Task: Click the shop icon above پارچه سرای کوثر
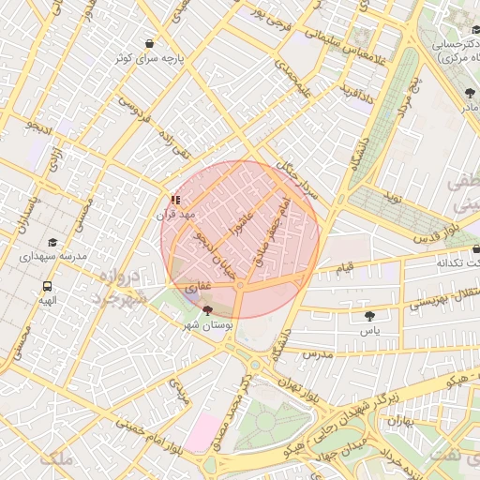[x=149, y=43]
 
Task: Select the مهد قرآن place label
[x=175, y=215]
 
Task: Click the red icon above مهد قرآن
[x=175, y=200]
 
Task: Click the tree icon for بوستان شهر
[x=207, y=309]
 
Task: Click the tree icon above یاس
[x=370, y=316]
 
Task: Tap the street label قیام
[x=345, y=268]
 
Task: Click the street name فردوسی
[x=133, y=112]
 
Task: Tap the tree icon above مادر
[x=469, y=92]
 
